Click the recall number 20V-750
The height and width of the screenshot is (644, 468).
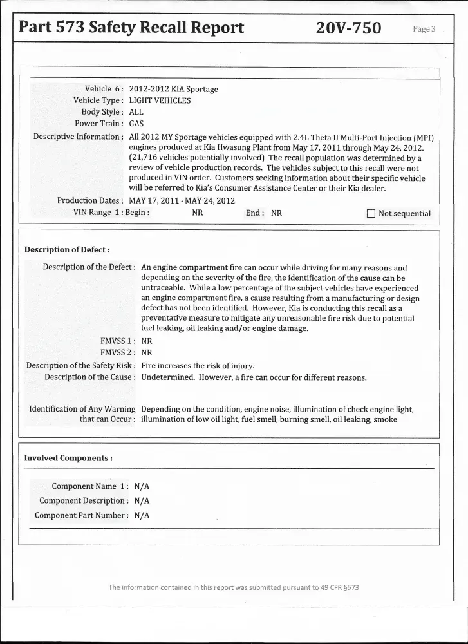click(349, 28)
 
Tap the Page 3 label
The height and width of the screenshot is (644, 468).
click(424, 29)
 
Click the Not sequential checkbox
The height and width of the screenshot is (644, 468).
click(370, 213)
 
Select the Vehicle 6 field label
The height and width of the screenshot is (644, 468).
click(104, 89)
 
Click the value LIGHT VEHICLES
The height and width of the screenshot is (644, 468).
click(160, 100)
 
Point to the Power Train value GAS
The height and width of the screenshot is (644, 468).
click(136, 124)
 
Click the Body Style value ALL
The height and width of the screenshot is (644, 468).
click(136, 112)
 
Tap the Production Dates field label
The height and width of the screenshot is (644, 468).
click(89, 201)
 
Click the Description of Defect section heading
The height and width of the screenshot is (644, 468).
click(67, 250)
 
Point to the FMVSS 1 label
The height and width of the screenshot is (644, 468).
click(117, 341)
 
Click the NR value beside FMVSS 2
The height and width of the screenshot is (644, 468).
click(147, 353)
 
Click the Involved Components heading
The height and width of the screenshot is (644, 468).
click(68, 459)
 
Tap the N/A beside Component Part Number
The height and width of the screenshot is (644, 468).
click(142, 515)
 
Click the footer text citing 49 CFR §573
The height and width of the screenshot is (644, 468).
click(234, 587)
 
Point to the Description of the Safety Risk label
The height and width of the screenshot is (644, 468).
click(80, 366)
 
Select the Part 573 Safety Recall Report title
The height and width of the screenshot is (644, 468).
click(131, 28)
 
